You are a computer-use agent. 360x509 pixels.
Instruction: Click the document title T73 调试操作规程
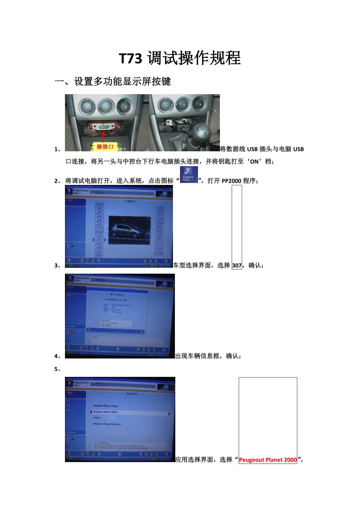tap(180, 59)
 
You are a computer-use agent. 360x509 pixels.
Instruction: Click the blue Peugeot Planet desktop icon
tap(189, 174)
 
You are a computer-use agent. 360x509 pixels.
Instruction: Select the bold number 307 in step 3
tap(237, 265)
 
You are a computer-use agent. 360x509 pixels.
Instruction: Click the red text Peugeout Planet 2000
tap(268, 460)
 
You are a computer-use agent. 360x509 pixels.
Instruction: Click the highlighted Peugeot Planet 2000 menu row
tap(129, 412)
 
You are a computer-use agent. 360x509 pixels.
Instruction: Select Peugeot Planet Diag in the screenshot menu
tap(105, 406)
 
